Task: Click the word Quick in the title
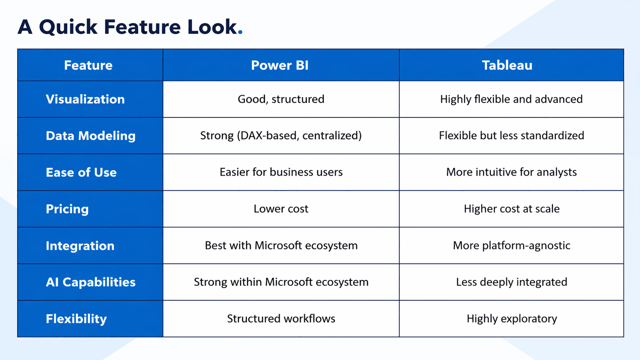(x=68, y=28)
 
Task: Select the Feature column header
(x=88, y=65)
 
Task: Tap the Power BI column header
(x=280, y=65)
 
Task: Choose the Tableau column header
(x=507, y=65)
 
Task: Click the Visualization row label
(x=85, y=99)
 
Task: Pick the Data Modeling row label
(x=90, y=136)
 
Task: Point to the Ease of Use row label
(x=81, y=173)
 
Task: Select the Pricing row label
(x=67, y=209)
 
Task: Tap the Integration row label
(x=80, y=246)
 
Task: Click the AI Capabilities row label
(x=90, y=282)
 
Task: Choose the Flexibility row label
(x=76, y=319)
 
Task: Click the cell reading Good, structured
(x=281, y=99)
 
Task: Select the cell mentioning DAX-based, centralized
(x=281, y=136)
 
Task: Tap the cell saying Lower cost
(x=281, y=209)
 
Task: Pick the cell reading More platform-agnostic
(x=511, y=246)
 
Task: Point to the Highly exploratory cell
(x=511, y=319)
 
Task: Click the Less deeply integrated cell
(x=511, y=282)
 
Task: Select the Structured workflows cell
(x=281, y=319)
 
